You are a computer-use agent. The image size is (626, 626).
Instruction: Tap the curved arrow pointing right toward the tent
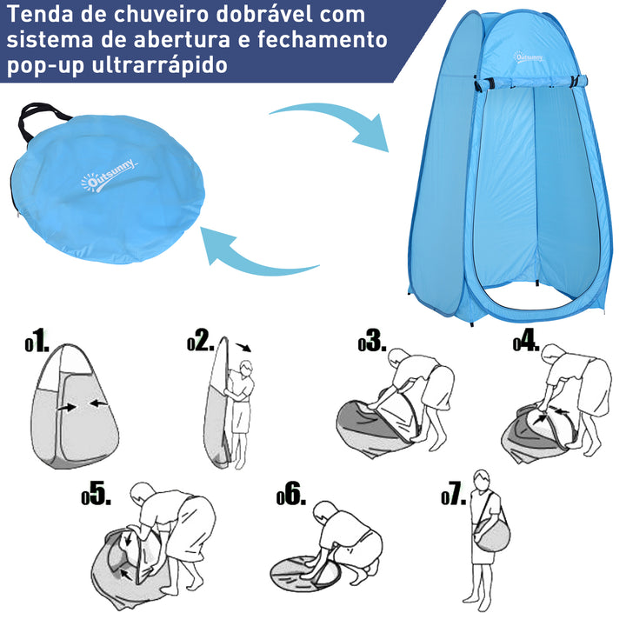tap(331, 123)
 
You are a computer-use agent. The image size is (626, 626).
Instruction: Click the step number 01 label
tap(39, 342)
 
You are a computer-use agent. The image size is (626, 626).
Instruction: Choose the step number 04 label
tap(527, 342)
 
